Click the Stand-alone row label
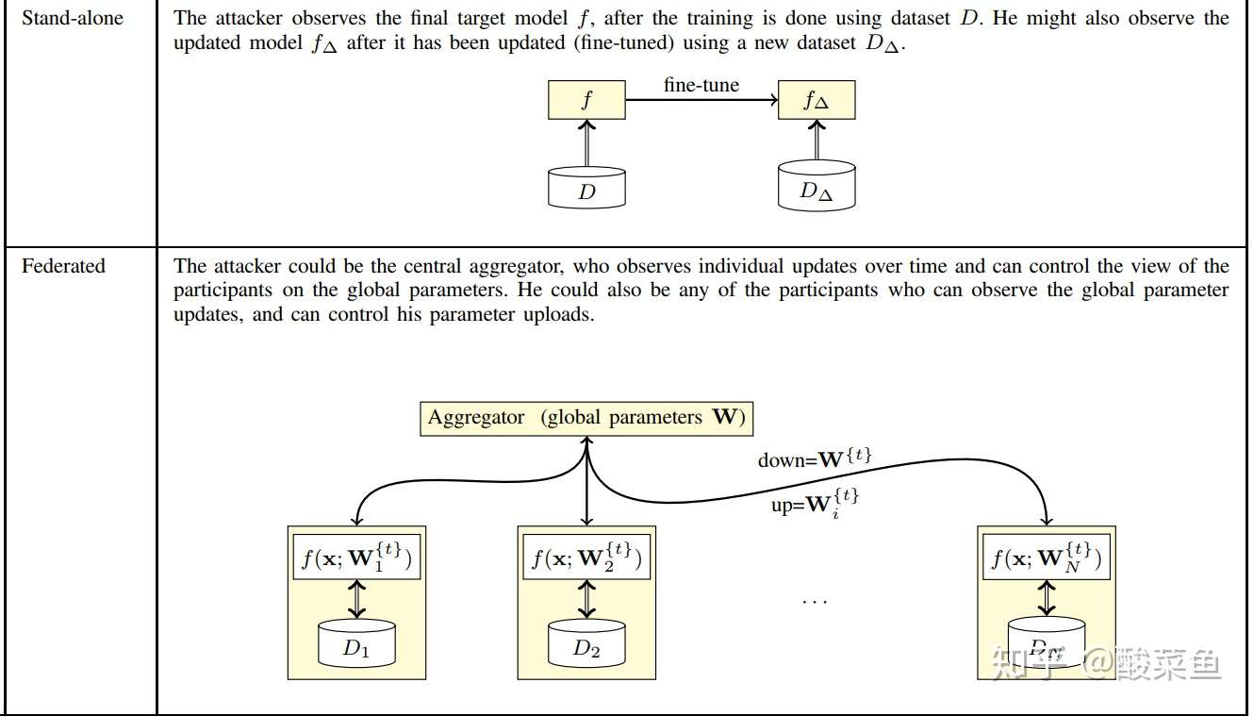point(73,18)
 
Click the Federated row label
point(63,266)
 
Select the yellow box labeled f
point(586,100)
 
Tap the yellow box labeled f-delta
point(817,100)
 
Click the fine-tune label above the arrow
point(701,85)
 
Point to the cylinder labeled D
point(586,188)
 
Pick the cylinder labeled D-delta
point(817,186)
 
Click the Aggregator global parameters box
point(586,419)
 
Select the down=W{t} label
point(815,458)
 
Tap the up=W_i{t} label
point(815,503)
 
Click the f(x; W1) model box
point(356,557)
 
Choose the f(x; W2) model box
point(586,557)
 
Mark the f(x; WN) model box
point(1047,557)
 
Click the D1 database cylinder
point(356,643)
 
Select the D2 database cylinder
point(586,643)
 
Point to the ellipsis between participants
point(815,602)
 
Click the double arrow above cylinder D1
point(356,599)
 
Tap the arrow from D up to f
point(586,142)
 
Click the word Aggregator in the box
point(476,418)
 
